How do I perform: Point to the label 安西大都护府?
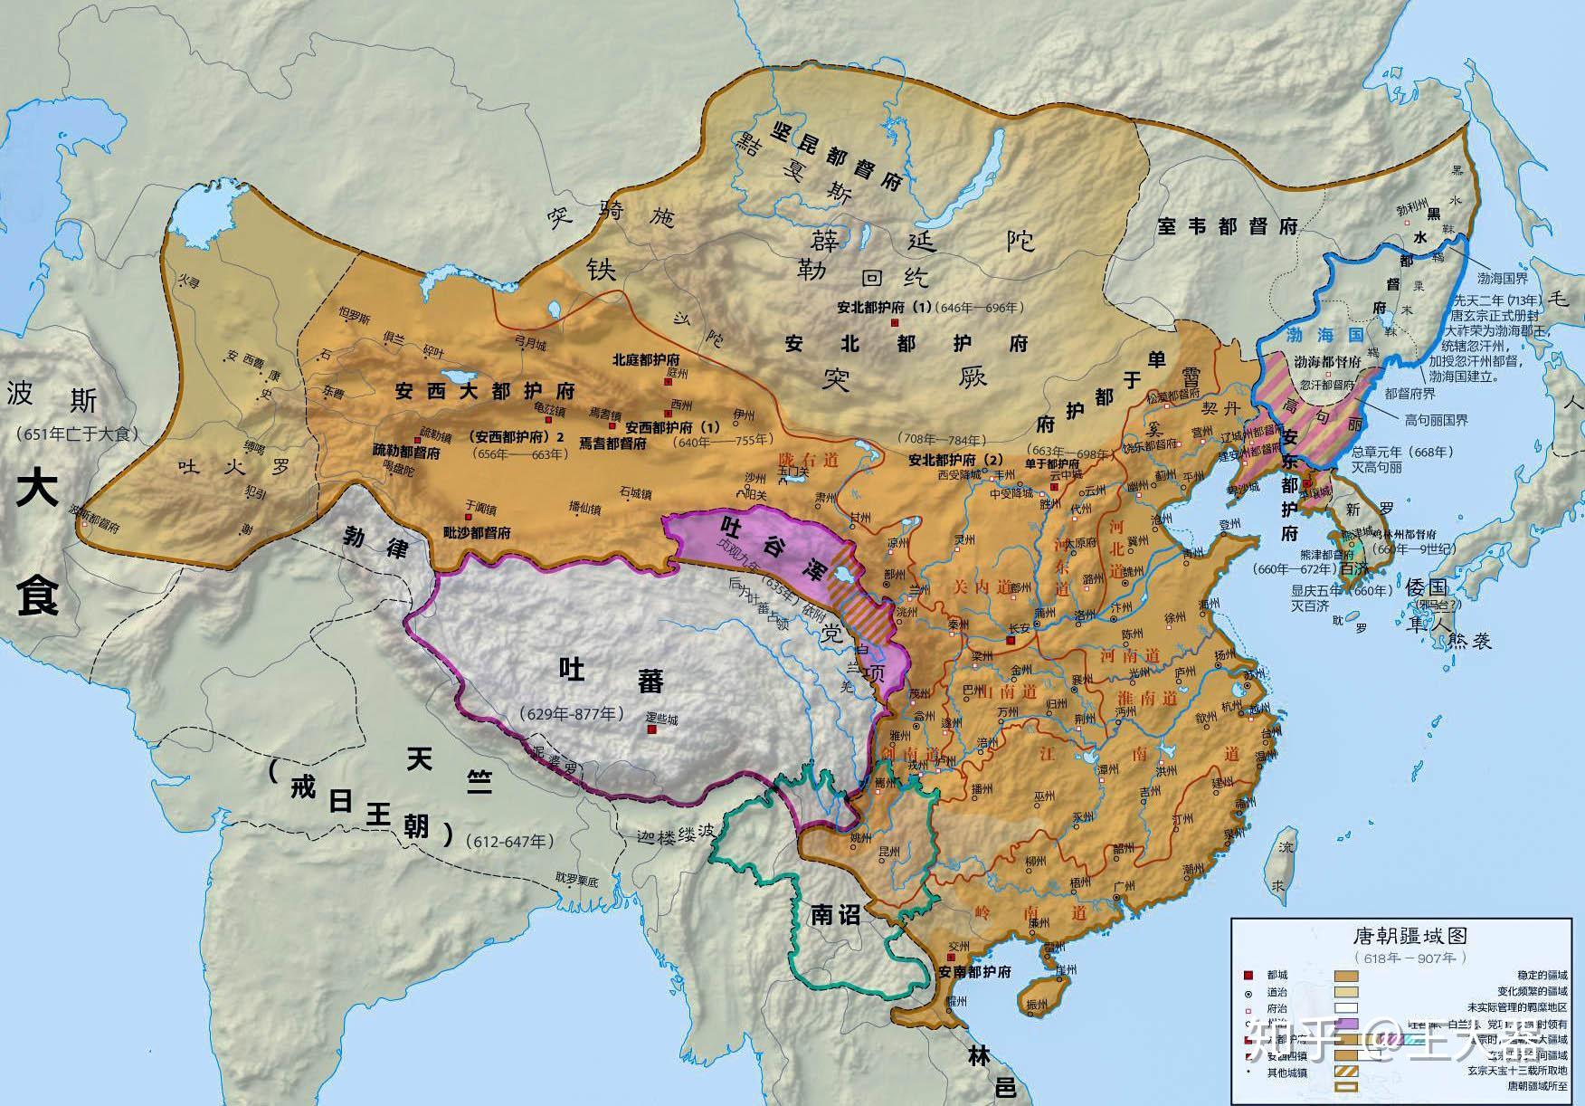coord(485,392)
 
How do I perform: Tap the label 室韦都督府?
coord(1227,226)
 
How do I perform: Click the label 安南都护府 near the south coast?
coord(974,973)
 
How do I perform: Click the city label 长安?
coord(1023,628)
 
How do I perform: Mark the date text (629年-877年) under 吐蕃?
coord(572,714)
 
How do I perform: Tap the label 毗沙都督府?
coord(478,533)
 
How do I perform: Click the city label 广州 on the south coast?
coord(1124,886)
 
